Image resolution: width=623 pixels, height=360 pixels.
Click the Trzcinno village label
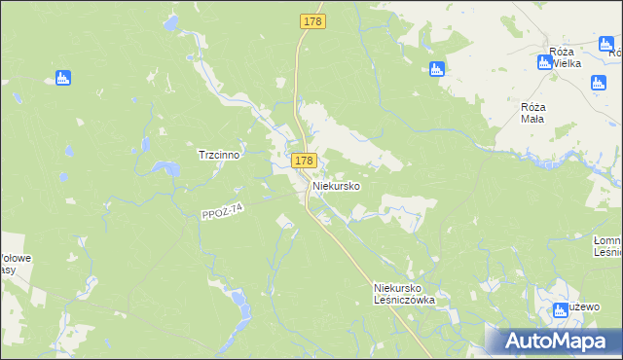[219, 155]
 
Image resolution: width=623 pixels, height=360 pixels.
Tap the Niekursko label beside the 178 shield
[337, 185]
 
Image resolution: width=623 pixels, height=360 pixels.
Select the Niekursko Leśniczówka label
[404, 294]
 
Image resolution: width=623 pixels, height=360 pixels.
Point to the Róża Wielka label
[565, 56]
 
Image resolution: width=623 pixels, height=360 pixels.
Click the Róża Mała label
[532, 112]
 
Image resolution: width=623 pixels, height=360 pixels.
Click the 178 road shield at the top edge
[312, 20]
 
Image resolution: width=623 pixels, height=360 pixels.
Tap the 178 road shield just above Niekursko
[303, 161]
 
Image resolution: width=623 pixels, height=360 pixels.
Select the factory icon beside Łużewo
[560, 310]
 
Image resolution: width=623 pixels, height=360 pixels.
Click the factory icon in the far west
[64, 77]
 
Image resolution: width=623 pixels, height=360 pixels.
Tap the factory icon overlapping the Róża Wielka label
[544, 62]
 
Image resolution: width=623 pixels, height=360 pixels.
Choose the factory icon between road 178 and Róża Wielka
[437, 68]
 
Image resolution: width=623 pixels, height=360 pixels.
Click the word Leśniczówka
[404, 300]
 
